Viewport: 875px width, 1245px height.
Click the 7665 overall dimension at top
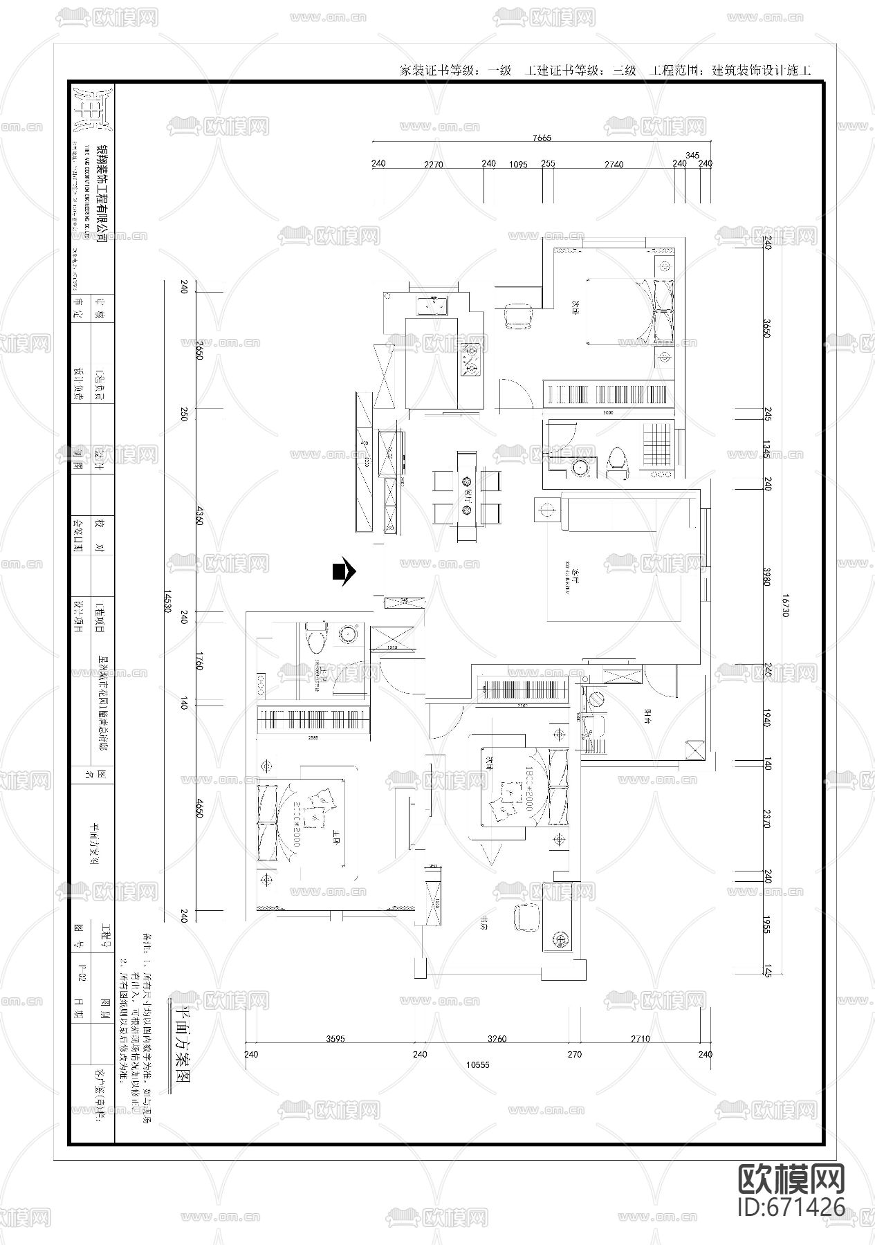542,138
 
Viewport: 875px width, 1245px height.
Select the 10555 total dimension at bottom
477,1064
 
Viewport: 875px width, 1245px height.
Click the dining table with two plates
466,495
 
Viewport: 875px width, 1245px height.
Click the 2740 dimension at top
614,165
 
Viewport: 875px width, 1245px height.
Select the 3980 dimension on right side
766,576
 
